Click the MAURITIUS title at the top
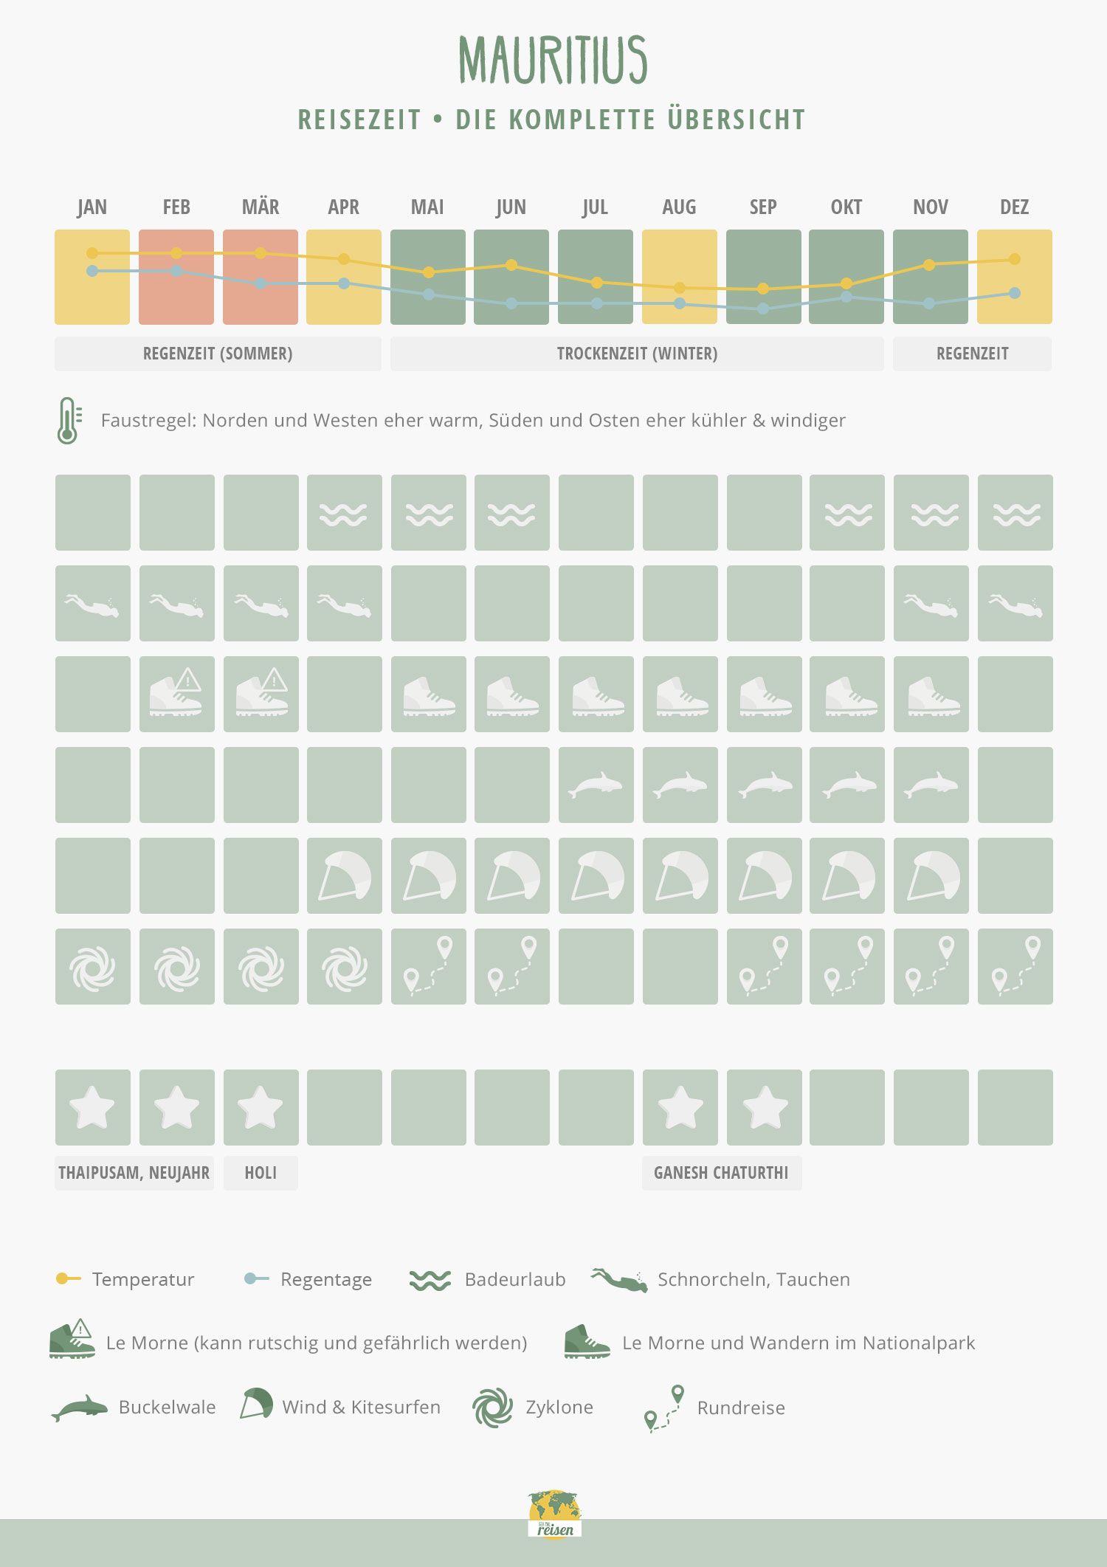coord(553,61)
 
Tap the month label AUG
coord(679,207)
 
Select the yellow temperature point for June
coord(511,265)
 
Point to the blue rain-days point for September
coord(763,309)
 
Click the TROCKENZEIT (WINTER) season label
coord(637,354)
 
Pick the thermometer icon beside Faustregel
coord(68,420)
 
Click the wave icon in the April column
coord(344,514)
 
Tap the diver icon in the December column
coord(1015,606)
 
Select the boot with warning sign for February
coord(176,693)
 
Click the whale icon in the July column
coord(595,785)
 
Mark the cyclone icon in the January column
coord(93,968)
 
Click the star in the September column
coord(765,1108)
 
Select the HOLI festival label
coord(261,1173)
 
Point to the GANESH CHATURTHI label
coord(721,1173)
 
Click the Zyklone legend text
coord(559,1407)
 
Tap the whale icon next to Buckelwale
coord(79,1408)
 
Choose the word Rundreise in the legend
coord(741,1408)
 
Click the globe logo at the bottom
coord(555,1513)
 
